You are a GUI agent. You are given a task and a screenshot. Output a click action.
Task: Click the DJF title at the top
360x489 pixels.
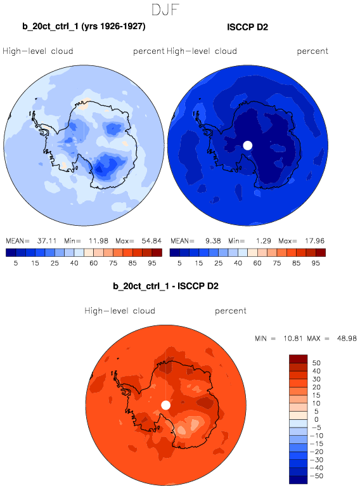pos(165,10)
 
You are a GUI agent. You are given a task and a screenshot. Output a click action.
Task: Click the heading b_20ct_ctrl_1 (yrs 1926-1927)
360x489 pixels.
pos(84,26)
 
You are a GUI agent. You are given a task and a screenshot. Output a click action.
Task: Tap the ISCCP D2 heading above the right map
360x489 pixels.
pos(247,27)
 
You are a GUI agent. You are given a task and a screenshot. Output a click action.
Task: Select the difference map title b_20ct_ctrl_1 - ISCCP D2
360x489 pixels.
pos(165,286)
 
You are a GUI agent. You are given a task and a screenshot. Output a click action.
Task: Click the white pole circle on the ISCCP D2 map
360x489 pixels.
pos(247,145)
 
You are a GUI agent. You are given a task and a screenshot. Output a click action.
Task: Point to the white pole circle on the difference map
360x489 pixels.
pos(166,405)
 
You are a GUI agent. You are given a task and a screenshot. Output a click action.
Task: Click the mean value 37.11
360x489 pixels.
pos(47,241)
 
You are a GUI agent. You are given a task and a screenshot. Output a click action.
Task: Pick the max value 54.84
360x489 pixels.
pos(151,241)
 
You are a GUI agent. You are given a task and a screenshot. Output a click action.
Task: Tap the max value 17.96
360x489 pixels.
pos(315,241)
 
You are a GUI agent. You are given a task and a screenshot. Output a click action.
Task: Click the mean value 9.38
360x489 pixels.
pos(213,241)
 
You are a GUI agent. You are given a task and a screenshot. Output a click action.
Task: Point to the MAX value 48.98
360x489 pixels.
pos(347,339)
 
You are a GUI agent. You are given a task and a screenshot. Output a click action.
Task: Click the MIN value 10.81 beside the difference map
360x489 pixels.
pos(293,339)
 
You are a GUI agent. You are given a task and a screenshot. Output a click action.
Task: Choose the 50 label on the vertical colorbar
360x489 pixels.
pos(316,363)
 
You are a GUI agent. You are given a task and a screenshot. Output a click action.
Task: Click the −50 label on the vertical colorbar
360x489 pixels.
pos(317,476)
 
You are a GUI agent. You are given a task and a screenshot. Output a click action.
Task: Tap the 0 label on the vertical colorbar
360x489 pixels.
pos(316,419)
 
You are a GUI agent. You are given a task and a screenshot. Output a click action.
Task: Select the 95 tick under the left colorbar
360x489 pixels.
pos(151,263)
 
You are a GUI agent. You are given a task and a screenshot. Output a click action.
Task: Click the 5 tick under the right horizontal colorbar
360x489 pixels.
pos(179,263)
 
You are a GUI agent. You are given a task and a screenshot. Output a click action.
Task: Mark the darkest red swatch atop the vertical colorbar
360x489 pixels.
pos(299,359)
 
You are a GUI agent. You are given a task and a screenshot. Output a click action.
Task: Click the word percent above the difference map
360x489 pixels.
pos(231,311)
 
